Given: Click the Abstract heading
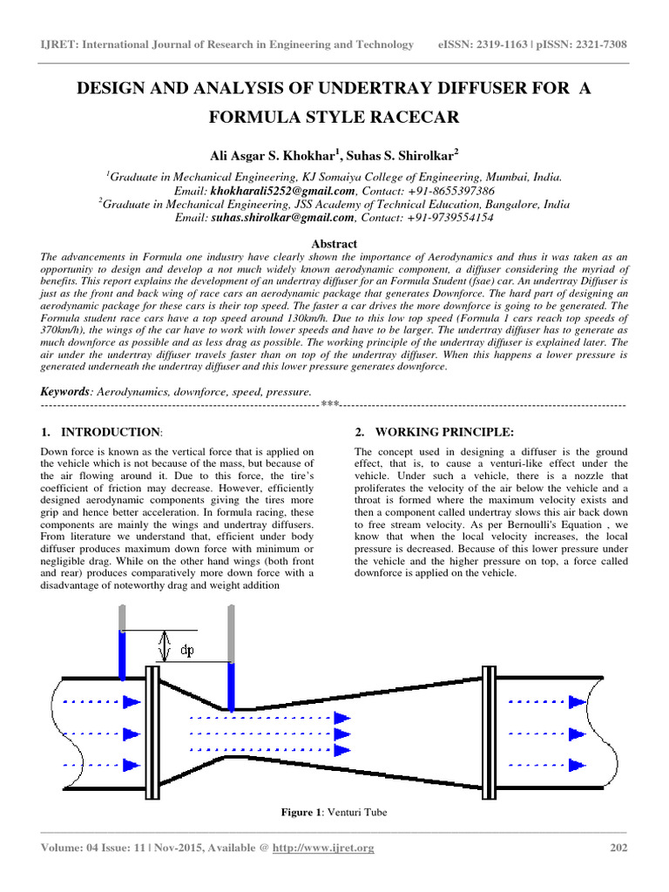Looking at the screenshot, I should tap(334, 244).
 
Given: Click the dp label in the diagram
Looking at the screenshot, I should tap(186, 650).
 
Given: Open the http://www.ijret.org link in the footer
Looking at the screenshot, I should tap(334, 848).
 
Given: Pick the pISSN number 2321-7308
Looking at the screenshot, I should tap(597, 44).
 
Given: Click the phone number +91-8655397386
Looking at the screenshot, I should tap(449, 191).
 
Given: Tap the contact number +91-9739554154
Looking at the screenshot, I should tap(449, 218).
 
